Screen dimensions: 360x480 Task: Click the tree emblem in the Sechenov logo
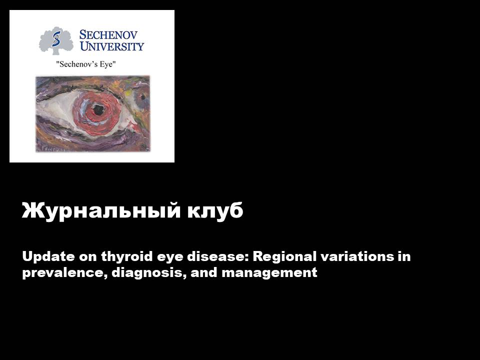coord(56,41)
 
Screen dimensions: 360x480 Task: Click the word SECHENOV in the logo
coord(108,35)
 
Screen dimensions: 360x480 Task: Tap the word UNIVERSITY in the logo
coord(112,46)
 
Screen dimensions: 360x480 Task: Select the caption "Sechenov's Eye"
coord(87,64)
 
